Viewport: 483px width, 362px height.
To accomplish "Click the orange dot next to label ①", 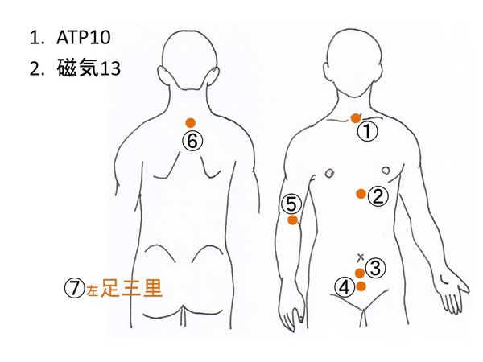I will [x=355, y=118].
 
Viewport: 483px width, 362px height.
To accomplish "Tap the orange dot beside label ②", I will [x=361, y=194].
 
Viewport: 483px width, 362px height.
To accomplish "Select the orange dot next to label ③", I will [x=360, y=274].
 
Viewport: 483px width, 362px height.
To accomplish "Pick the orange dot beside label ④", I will [x=361, y=286].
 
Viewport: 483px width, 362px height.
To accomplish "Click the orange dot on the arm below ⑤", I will [x=292, y=220].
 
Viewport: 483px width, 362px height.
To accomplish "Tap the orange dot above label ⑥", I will [x=190, y=123].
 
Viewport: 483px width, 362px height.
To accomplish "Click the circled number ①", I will [x=367, y=130].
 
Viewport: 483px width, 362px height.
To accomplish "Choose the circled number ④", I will [x=345, y=286].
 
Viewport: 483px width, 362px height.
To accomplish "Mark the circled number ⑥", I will [x=191, y=141].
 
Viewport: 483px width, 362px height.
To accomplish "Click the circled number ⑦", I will [x=73, y=288].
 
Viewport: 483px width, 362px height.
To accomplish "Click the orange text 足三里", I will [x=131, y=288].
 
